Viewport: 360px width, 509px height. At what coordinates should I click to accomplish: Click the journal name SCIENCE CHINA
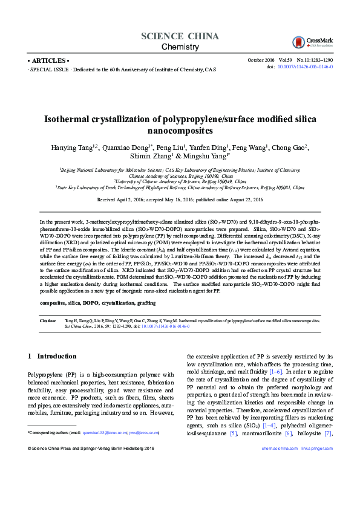pyautogui.click(x=180, y=36)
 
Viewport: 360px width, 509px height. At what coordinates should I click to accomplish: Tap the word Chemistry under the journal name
pyautogui.click(x=180, y=47)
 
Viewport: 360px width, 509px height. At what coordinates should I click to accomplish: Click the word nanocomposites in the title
pyautogui.click(x=180, y=130)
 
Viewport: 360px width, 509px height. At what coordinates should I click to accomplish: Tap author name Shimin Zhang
pyautogui.click(x=149, y=157)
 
